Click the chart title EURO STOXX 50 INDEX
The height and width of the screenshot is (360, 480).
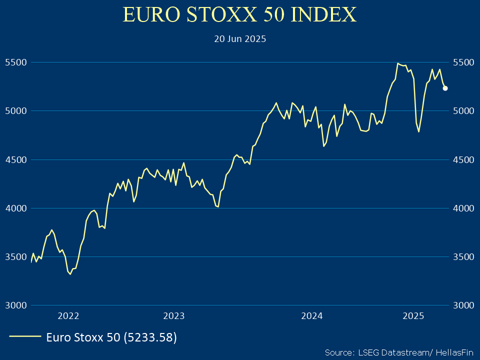pos(240,15)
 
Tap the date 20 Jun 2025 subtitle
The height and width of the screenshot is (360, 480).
pos(240,38)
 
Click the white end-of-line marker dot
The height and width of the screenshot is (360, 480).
pos(445,88)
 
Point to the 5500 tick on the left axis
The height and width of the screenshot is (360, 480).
pos(15,62)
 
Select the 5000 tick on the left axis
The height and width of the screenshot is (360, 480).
pos(15,111)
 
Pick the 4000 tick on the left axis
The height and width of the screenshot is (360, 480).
pos(15,208)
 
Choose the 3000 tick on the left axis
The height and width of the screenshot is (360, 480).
pos(15,305)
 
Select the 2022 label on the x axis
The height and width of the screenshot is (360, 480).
pos(68,315)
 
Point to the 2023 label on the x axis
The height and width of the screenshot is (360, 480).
pos(174,315)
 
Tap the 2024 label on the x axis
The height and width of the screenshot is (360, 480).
pos(312,315)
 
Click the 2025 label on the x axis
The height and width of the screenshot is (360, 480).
pos(413,315)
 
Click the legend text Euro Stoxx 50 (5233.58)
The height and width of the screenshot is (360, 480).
pos(111,337)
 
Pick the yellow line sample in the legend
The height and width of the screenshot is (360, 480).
pos(25,337)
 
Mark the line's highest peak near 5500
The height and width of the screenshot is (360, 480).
pos(397,63)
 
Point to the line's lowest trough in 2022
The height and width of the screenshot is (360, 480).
pos(70,274)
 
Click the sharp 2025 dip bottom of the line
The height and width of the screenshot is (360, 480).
pos(418,131)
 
